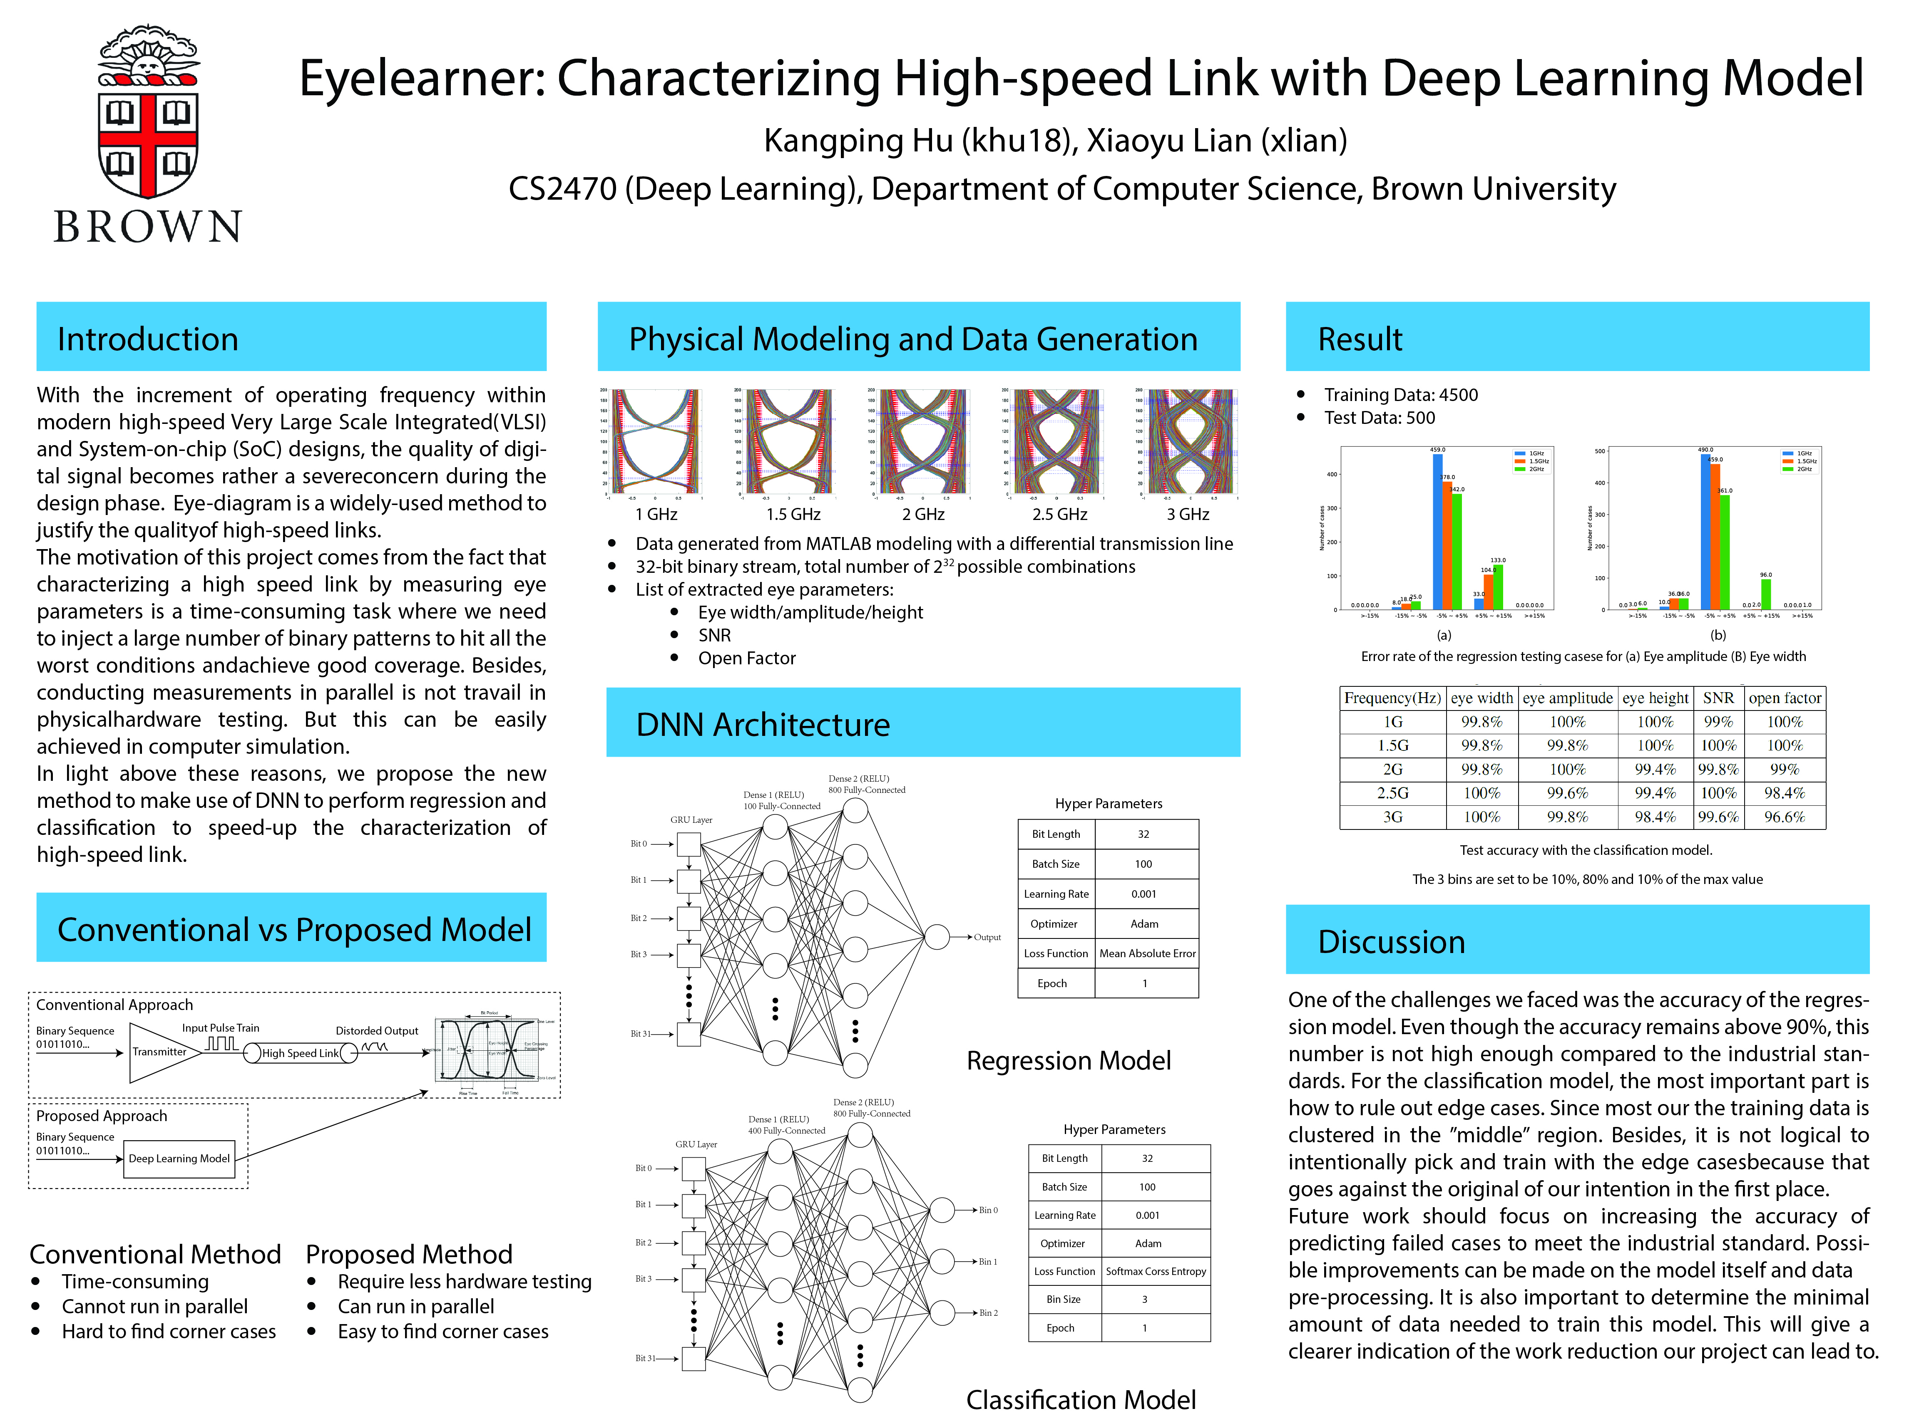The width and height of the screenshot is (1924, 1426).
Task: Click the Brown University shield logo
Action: click(x=148, y=112)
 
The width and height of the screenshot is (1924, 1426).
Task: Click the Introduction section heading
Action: click(x=148, y=339)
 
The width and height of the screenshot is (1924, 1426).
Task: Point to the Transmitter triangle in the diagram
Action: click(x=160, y=1051)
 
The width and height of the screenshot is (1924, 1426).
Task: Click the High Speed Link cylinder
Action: click(x=301, y=1053)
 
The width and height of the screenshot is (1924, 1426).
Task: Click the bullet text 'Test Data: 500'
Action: click(x=1379, y=418)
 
